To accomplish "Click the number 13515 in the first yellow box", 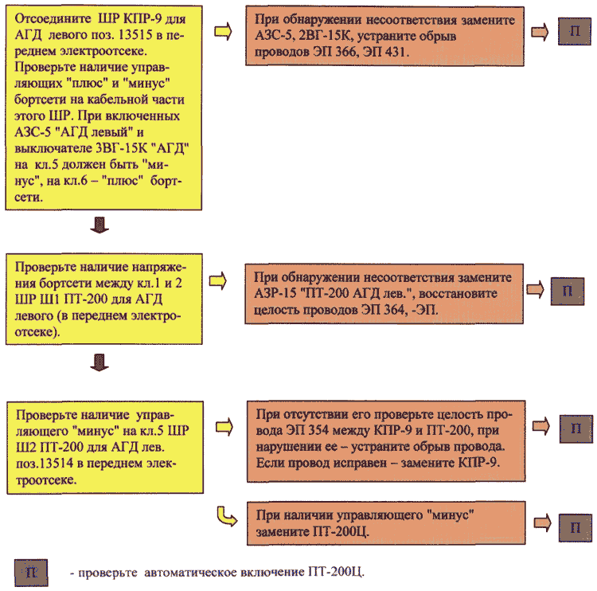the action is tap(135, 35).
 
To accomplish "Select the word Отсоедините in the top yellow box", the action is tap(53, 18).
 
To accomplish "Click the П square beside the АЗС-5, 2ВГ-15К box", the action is tap(574, 31).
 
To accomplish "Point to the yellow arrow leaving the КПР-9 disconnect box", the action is tap(223, 31).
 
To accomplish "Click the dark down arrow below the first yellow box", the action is tap(99, 225).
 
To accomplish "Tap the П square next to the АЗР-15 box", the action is tap(568, 291).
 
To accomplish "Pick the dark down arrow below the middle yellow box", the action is tap(99, 362).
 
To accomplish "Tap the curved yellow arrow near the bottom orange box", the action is tap(226, 517).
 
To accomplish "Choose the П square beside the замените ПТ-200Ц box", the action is tap(576, 528).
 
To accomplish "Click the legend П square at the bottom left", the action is tap(31, 573).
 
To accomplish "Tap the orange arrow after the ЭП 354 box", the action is tap(541, 425).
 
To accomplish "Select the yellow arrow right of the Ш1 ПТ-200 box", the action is tap(218, 281).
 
